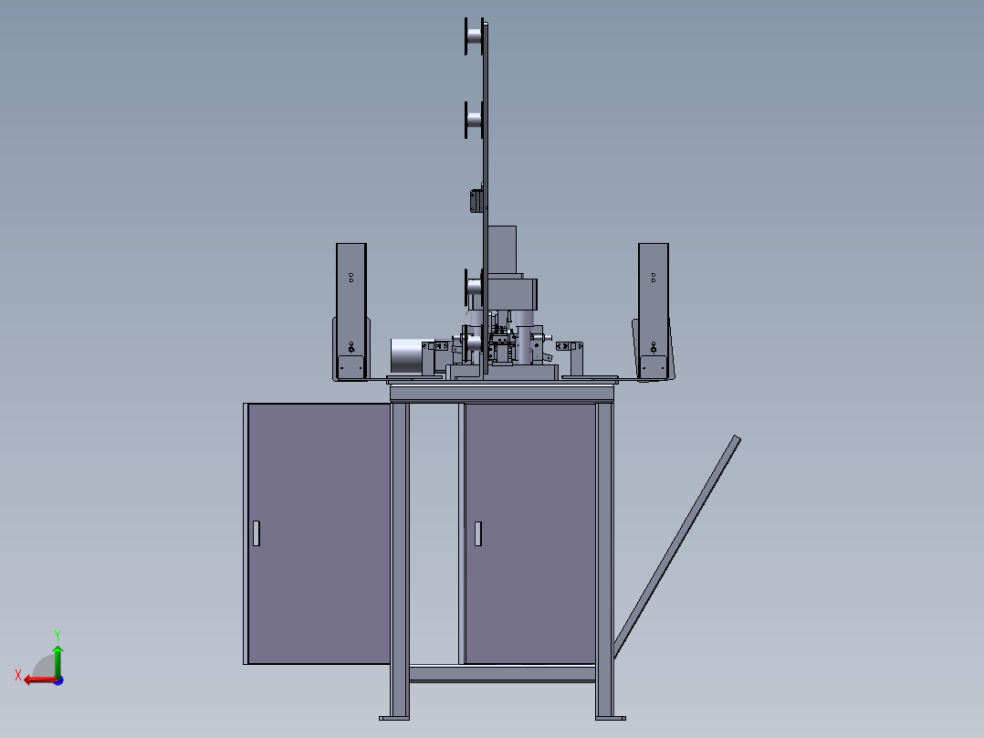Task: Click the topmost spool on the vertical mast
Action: click(x=474, y=37)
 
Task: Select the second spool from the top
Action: click(x=474, y=120)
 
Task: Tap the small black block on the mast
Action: click(x=476, y=201)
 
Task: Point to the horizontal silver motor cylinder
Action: click(x=407, y=356)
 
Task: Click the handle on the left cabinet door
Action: click(x=256, y=533)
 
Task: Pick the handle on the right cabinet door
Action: click(x=478, y=534)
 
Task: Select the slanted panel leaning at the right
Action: click(x=676, y=547)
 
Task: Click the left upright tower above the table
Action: click(x=351, y=311)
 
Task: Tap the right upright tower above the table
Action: click(x=654, y=311)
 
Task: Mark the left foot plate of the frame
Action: click(x=394, y=718)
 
